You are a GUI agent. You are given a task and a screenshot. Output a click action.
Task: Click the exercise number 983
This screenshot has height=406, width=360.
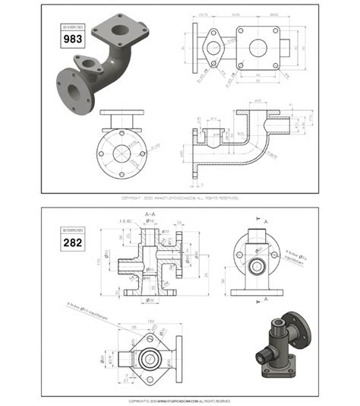click(x=72, y=38)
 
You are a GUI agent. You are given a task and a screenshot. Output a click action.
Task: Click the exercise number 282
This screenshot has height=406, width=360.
click(x=72, y=243)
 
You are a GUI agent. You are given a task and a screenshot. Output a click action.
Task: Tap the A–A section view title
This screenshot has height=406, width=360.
click(x=151, y=215)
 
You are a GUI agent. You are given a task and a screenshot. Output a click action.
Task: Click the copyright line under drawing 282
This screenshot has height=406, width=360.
click(x=179, y=400)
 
